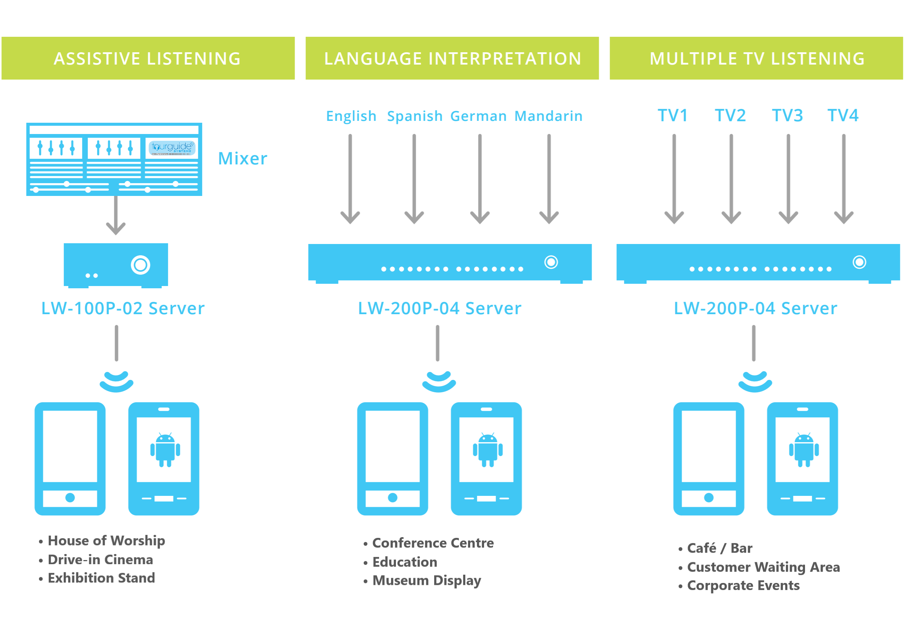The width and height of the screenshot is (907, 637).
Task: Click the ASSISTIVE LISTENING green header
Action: point(148,59)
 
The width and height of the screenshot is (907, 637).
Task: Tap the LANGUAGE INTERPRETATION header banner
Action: point(452,59)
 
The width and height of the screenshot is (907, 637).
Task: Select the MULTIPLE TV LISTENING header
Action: point(757,59)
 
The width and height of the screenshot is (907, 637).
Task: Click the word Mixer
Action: point(243,158)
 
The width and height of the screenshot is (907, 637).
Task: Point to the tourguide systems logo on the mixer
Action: point(172,148)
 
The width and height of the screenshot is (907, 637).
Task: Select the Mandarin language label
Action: point(548,116)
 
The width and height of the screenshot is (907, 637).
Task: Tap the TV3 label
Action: point(787,116)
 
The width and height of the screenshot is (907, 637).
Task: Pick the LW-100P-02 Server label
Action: point(123,309)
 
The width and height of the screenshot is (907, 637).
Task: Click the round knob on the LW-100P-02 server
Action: point(141,265)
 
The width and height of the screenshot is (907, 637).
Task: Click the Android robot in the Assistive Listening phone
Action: point(165,450)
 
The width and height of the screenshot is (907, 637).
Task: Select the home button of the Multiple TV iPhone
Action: point(709,497)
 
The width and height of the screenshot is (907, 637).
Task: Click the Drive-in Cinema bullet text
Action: point(100,560)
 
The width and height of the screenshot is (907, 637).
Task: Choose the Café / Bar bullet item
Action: point(720,548)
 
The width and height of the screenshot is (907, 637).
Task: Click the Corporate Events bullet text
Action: point(743,585)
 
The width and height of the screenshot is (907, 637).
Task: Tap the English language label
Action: point(351,116)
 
